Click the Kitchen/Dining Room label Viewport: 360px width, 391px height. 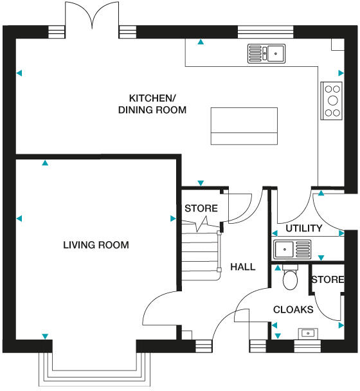coord(152,104)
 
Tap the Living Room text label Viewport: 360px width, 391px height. coord(96,245)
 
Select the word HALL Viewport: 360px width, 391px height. coord(242,267)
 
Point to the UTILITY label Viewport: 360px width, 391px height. coord(303,228)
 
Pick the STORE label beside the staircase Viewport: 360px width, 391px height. coord(201,209)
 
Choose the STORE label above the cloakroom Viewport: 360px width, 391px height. coord(327,280)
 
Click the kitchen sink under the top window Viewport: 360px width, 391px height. coord(267,53)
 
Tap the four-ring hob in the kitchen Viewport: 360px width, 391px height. coord(332,101)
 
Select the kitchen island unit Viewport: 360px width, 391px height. coord(245,126)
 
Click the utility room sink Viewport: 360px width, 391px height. coord(292,249)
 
